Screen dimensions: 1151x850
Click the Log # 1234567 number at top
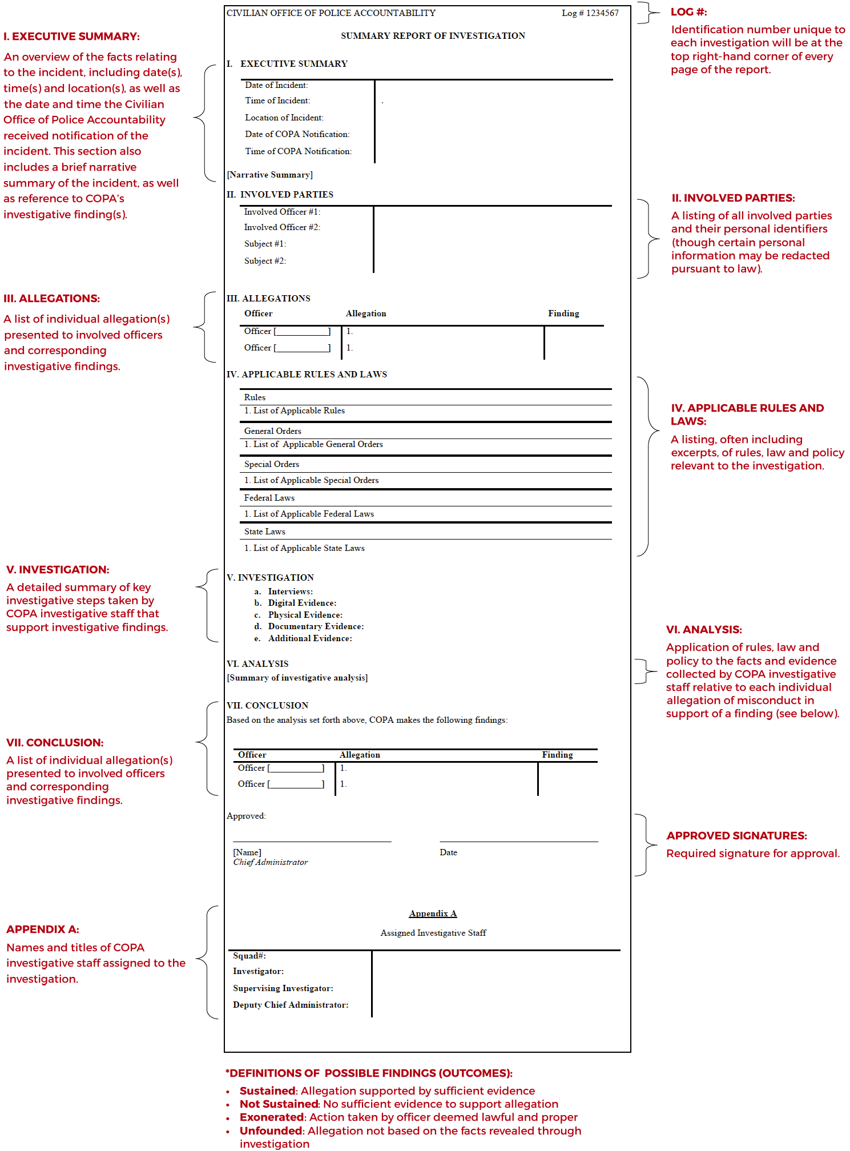click(590, 13)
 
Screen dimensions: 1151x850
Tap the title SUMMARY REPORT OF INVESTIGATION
click(433, 36)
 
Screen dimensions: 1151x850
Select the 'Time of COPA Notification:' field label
click(298, 151)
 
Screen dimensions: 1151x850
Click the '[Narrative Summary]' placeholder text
click(269, 175)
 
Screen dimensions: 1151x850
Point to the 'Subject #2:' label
click(265, 261)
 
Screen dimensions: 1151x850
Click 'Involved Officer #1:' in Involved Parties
click(282, 212)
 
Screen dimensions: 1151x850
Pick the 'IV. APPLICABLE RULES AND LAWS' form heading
click(307, 375)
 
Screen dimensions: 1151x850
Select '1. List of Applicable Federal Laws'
click(309, 514)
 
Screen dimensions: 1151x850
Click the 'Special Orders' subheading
click(271, 464)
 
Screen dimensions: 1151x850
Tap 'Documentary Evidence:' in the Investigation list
click(316, 626)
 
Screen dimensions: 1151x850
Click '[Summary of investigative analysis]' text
click(297, 678)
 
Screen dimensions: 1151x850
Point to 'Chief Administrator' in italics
click(270, 862)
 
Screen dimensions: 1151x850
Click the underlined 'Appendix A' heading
click(433, 913)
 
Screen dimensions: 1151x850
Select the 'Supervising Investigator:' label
click(283, 988)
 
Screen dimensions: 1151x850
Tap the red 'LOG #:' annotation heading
click(688, 12)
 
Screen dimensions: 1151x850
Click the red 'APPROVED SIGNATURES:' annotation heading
click(736, 836)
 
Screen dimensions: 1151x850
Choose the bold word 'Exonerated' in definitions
click(271, 1117)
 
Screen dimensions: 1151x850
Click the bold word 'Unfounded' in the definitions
click(271, 1131)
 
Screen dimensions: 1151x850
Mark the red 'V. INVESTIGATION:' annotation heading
click(58, 570)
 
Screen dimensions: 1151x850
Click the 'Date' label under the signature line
click(448, 852)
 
